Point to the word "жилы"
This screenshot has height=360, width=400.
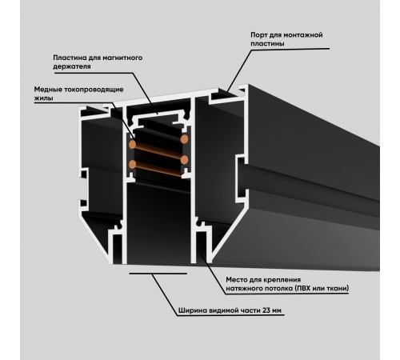[42, 99]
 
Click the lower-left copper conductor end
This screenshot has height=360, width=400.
[133, 165]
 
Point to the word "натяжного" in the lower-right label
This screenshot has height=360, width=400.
[242, 288]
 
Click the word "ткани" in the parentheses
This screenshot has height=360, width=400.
[342, 288]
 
